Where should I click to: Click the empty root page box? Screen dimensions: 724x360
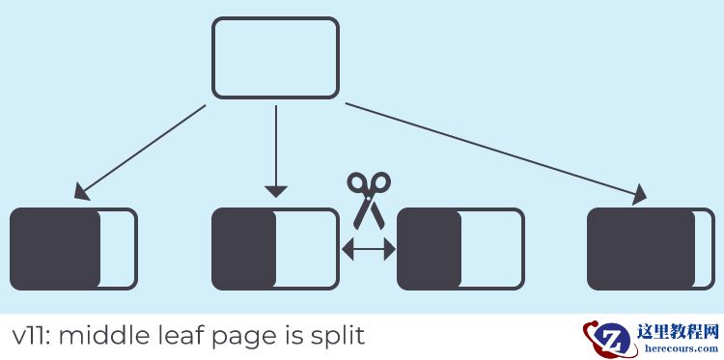275,58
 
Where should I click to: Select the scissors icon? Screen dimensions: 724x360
369,199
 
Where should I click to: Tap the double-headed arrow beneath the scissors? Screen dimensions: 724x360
369,250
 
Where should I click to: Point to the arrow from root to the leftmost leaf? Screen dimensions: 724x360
140,152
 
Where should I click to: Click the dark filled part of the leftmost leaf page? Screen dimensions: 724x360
56,248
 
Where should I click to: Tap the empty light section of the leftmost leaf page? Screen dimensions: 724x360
118,248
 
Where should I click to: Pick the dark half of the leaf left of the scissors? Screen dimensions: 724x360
244,248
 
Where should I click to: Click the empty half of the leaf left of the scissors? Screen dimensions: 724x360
306,248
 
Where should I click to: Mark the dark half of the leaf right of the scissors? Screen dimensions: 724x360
430,248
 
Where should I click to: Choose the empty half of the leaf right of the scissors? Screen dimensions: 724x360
491,248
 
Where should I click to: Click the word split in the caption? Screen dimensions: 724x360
337,337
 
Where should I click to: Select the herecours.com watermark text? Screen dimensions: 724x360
679,348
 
